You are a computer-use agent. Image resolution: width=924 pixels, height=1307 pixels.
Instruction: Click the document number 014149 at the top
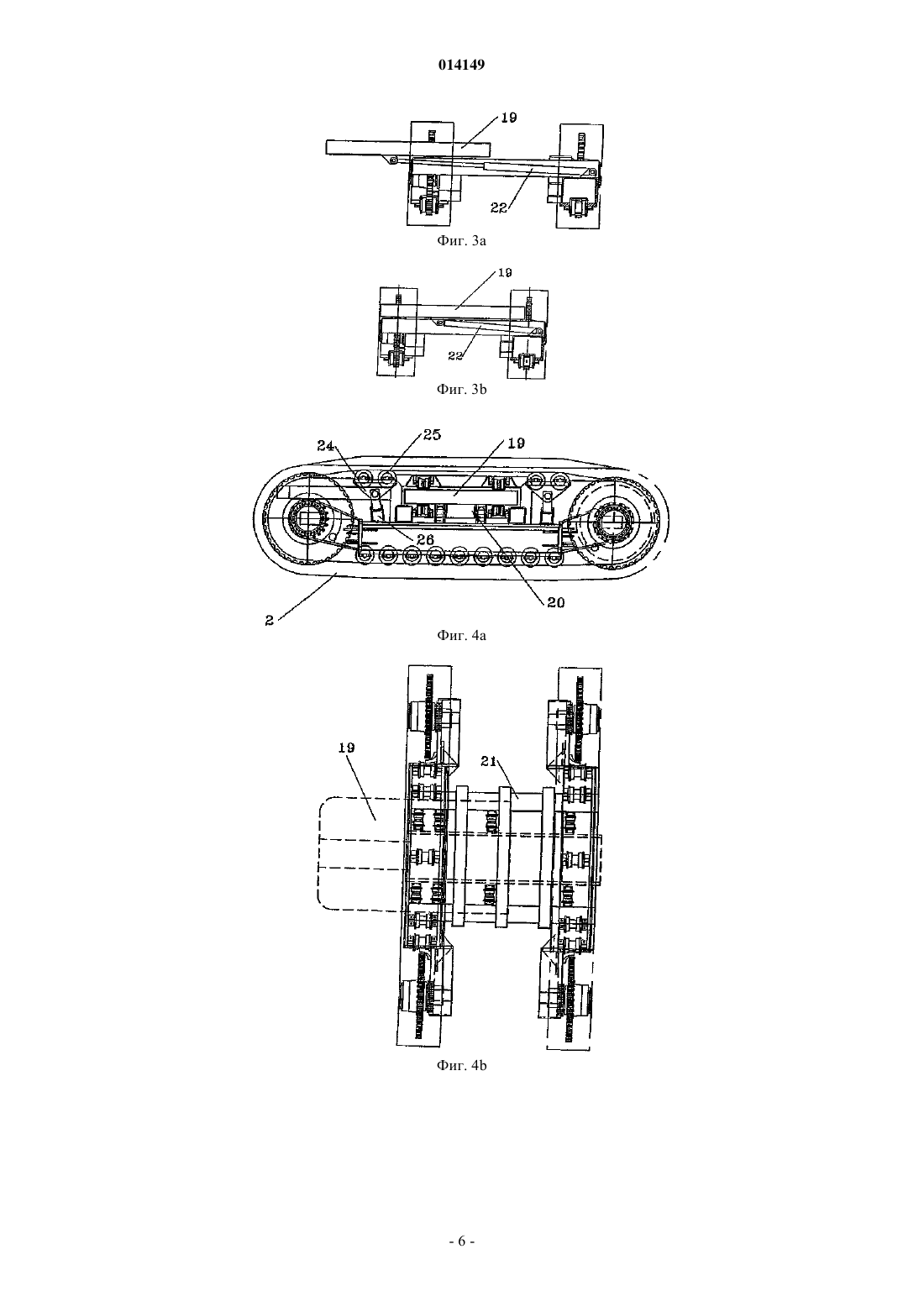[461, 65]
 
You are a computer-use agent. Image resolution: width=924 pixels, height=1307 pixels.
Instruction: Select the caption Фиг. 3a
[461, 240]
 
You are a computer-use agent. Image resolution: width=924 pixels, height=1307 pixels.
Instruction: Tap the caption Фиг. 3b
[461, 389]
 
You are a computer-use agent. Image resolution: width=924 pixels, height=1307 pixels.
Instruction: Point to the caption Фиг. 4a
[461, 635]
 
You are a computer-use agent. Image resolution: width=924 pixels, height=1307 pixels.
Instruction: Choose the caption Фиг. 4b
[461, 1065]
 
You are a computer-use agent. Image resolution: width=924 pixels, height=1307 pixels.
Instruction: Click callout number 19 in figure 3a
[509, 118]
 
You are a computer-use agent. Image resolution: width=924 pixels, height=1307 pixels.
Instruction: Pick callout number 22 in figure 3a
[498, 207]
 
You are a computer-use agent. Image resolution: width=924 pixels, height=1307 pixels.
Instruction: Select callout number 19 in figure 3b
[505, 272]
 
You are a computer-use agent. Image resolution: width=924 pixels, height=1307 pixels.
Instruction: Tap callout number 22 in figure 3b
[455, 355]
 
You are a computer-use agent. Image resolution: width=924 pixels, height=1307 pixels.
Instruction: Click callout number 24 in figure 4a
[326, 446]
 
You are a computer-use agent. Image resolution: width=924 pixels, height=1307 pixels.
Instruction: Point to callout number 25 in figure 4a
[432, 435]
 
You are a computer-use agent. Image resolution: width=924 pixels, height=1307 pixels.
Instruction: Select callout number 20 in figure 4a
[556, 603]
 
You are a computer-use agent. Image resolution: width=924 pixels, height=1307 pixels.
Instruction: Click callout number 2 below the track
[269, 622]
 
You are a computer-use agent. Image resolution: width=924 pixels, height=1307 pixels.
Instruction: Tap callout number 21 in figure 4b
[488, 761]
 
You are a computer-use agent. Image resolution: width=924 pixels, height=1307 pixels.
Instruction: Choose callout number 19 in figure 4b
[346, 748]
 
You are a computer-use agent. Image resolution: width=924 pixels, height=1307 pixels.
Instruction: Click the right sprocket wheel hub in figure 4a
[616, 517]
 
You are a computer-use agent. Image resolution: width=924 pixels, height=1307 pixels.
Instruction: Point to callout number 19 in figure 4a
[517, 444]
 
